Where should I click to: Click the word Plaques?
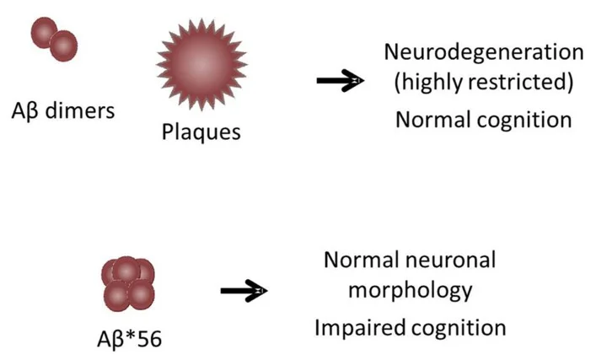click(x=199, y=132)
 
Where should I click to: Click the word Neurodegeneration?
click(x=483, y=51)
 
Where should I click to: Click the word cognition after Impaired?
click(x=459, y=326)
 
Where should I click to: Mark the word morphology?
click(x=411, y=291)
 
